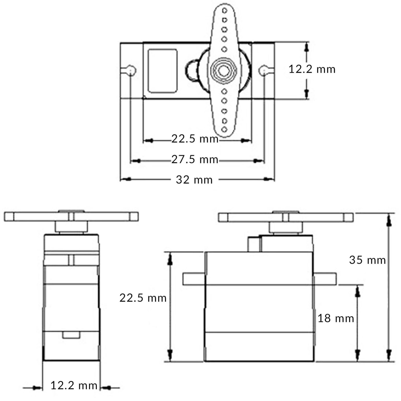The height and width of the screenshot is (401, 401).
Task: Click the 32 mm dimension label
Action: point(194,180)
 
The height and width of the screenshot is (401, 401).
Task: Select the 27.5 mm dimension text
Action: point(195,159)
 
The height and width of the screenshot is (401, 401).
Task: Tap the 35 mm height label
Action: point(367,260)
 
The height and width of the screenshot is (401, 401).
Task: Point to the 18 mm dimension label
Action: point(336,319)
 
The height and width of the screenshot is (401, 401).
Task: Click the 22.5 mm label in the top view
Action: point(195,139)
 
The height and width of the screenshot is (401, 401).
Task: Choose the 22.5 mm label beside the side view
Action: point(143,298)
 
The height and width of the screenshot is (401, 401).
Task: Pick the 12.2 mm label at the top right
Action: point(312,69)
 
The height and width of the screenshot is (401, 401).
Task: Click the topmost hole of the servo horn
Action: point(224,10)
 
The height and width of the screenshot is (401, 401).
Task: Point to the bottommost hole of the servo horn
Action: point(224,129)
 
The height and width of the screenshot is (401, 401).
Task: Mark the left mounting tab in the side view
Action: point(194,279)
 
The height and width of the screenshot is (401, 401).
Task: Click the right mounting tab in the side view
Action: point(325,279)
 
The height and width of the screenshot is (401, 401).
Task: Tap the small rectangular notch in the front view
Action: point(71,335)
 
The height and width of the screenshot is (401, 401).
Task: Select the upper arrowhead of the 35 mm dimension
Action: point(389,221)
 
